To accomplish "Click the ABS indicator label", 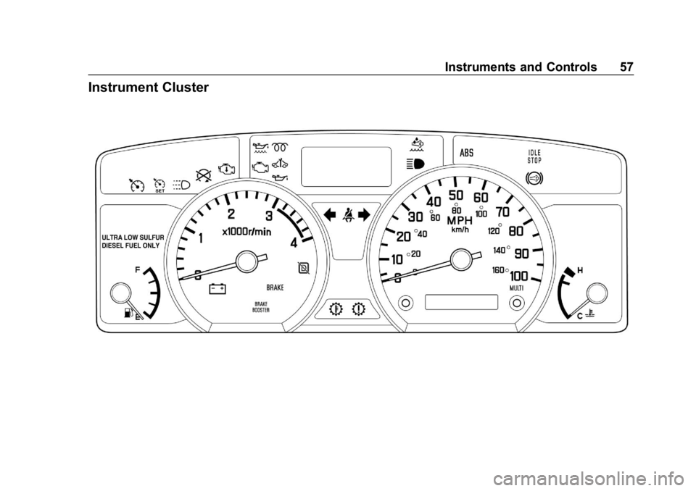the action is [x=466, y=153].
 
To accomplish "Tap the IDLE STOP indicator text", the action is [x=534, y=156].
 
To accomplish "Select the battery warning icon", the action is [x=217, y=289].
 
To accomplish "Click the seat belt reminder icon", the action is [x=347, y=216].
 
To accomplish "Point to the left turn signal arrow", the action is [x=331, y=216].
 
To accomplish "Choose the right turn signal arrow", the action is [x=364, y=216].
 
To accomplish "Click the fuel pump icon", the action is [x=128, y=313].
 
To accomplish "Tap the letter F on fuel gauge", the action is [x=138, y=269].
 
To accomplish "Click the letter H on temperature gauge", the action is [x=580, y=270].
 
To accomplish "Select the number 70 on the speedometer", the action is [x=502, y=211].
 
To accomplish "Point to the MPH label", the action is [x=460, y=220].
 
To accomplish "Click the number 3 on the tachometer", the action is [x=268, y=216].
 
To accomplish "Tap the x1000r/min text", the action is [x=246, y=232].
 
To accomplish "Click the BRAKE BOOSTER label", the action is [x=261, y=307].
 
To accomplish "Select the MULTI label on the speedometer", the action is [x=517, y=288].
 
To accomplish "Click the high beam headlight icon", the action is [x=415, y=164].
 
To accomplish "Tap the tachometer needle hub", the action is [x=247, y=261].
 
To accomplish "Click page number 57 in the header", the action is [x=626, y=67].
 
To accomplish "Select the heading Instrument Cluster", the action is [x=148, y=88].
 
